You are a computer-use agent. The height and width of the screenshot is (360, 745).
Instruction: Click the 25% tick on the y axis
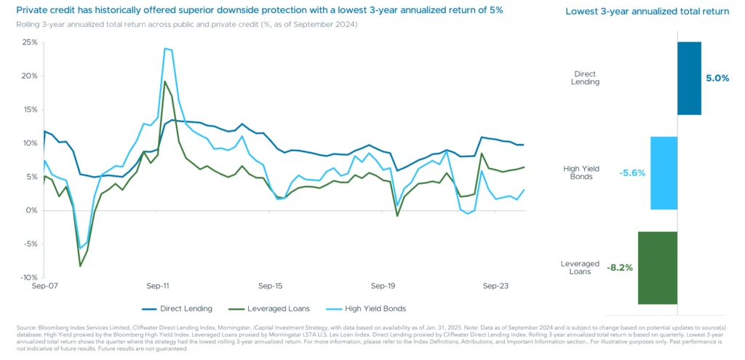(30, 42)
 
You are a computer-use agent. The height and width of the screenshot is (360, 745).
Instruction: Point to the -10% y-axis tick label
(28, 278)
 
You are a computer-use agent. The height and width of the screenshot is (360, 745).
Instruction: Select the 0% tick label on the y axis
(32, 210)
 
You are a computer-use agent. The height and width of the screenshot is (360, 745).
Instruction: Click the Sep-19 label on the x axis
(383, 287)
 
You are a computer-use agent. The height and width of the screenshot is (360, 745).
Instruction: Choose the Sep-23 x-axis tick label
(495, 287)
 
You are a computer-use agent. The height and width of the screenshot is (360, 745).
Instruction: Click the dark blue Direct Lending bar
(689, 78)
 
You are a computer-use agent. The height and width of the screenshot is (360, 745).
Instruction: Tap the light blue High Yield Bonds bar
(664, 173)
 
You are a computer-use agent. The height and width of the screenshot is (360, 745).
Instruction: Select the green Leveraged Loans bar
(658, 268)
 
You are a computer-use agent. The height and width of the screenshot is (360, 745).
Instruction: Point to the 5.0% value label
(717, 79)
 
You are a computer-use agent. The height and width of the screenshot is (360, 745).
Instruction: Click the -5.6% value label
(632, 173)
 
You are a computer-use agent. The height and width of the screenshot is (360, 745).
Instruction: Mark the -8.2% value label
(620, 268)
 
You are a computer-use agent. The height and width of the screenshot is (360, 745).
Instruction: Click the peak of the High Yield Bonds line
(167, 49)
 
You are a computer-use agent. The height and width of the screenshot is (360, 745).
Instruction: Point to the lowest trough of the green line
(80, 265)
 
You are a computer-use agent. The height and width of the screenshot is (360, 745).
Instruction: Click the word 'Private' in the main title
(27, 11)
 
